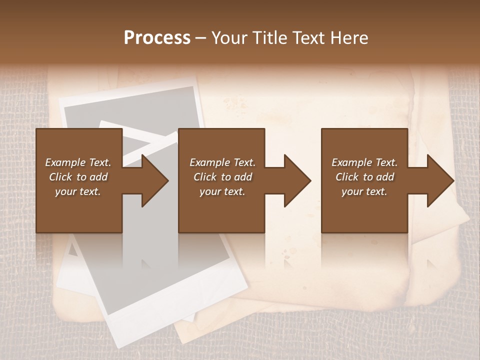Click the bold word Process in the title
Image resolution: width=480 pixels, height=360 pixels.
point(157,38)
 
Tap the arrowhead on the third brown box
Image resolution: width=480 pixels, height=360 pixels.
point(438,180)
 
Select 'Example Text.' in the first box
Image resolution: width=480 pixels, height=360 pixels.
point(78,162)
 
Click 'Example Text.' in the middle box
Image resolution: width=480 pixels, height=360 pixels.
point(222,162)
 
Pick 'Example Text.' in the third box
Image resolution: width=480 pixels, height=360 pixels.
point(364,162)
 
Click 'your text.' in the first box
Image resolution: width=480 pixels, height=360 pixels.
point(78,191)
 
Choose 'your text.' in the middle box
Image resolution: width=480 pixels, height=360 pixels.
point(222,191)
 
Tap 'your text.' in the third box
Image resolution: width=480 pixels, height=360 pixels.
point(364,191)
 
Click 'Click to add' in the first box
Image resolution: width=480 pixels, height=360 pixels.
point(78,177)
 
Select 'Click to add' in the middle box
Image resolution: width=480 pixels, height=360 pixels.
point(222,177)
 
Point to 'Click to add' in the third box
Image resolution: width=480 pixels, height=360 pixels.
point(364,177)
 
